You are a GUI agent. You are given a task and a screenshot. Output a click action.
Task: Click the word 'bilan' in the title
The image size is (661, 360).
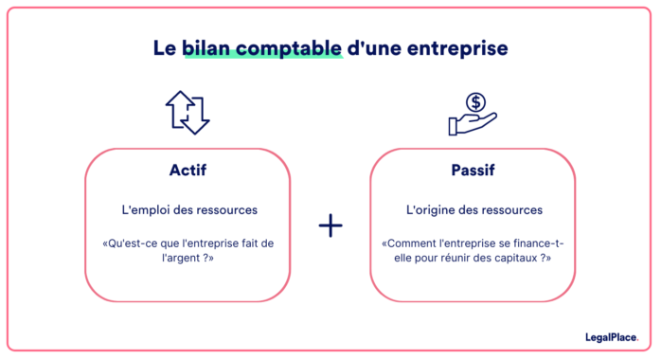point(207,47)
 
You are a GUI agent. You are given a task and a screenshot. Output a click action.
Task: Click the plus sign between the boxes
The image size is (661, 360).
point(330,225)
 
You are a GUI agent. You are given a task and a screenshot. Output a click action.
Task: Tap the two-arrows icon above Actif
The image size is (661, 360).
point(188,112)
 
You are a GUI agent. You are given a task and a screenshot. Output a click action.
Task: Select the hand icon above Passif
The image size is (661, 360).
point(472,114)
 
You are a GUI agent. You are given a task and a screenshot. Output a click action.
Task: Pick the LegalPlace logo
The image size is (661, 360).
point(613,336)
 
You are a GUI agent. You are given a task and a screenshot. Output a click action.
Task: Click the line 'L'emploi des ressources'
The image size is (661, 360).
point(188,209)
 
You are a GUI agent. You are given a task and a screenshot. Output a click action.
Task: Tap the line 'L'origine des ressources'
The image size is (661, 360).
point(473,209)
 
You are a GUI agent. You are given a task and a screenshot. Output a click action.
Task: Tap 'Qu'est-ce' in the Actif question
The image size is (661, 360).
point(130,243)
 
